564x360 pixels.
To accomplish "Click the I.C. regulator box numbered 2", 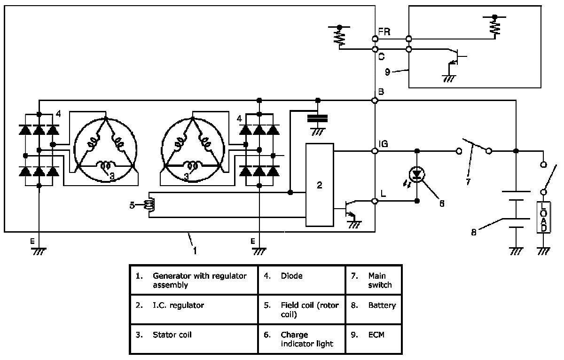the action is pos(320,185).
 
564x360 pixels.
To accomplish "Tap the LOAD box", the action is pos(544,217).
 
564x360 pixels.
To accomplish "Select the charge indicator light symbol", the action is pos(417,174).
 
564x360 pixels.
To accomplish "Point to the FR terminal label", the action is pos(384,32).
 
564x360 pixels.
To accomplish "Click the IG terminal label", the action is pos(384,144).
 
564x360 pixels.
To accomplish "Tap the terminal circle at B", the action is pos(375,101).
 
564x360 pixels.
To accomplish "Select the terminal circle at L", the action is pos(375,201).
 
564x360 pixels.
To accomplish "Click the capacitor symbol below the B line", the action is pos(318,118).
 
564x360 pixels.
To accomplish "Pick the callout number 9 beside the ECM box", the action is pos(387,72).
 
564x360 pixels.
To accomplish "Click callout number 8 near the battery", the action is pos(474,232).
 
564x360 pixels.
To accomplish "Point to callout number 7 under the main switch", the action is pos(468,182).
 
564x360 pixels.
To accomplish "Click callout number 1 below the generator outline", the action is pos(195,250).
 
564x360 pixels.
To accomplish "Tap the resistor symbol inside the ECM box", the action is pos(494,28).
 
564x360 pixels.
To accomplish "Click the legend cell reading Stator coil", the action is pos(194,339).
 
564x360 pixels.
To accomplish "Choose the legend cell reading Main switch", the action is pos(374,280).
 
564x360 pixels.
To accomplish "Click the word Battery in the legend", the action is pos(382,305).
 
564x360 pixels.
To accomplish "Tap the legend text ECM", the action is pos(376,335).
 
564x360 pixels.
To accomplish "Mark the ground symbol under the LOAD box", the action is pos(543,251).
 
